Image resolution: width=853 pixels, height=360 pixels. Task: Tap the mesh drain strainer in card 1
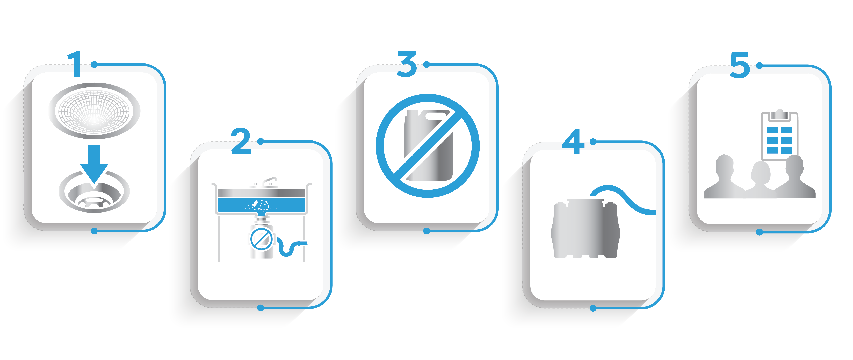pos(94,111)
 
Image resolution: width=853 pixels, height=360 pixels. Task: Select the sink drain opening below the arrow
pos(94,192)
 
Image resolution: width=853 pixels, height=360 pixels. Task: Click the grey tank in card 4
pos(585,229)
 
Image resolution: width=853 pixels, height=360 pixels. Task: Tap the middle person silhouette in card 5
pos(760,180)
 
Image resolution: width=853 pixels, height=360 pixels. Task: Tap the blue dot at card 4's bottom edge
pos(593,308)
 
